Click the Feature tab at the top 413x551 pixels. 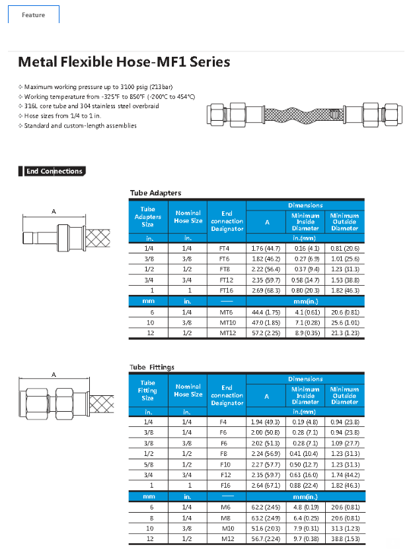tap(33, 15)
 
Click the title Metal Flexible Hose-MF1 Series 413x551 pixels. tap(124, 62)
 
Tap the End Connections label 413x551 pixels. tap(54, 172)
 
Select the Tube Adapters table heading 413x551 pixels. tap(155, 193)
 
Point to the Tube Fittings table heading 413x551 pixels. tap(152, 367)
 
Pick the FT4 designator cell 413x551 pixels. tap(224, 248)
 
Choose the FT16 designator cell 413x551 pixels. tap(224, 290)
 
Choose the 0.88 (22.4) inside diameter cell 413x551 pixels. tap(305, 485)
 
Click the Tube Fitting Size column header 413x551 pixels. tap(148, 390)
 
